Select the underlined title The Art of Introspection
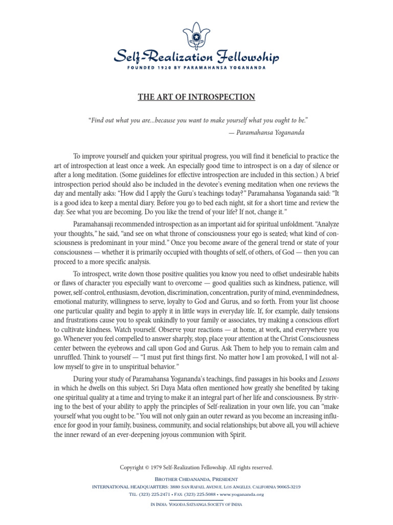[196, 97]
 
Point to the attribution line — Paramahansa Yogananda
[268, 132]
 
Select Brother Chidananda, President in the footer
[196, 478]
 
